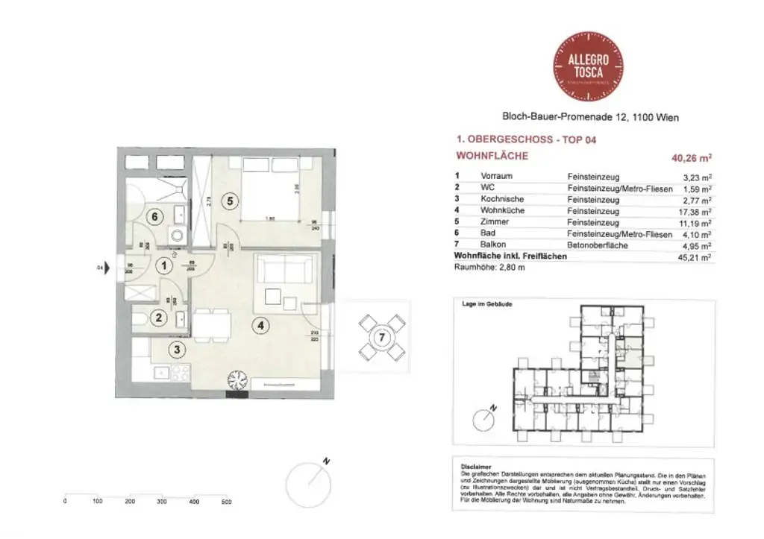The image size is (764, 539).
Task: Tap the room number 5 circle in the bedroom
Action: click(x=230, y=201)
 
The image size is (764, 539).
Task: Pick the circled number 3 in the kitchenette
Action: click(x=177, y=349)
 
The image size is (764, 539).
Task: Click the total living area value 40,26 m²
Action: click(x=692, y=157)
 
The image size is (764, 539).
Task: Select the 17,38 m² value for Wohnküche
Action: click(x=695, y=211)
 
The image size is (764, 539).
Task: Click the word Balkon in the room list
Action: click(x=492, y=245)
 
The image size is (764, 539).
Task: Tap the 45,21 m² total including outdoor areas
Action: click(x=695, y=256)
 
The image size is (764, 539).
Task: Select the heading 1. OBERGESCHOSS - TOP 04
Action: click(x=525, y=139)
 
